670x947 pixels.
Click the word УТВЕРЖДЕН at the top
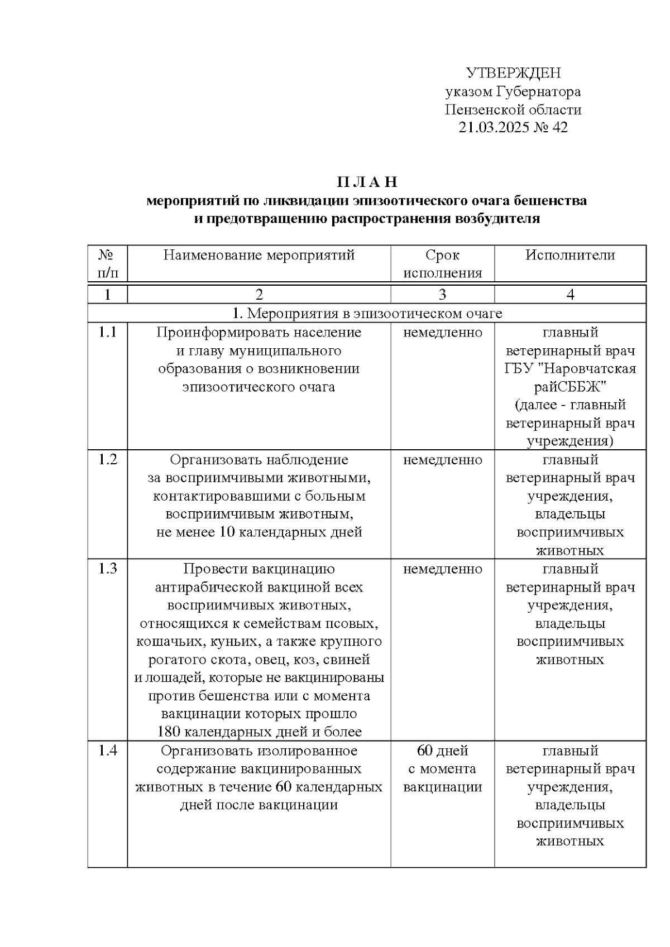point(513,73)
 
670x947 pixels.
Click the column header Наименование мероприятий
point(259,256)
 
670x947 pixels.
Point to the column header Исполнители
point(570,256)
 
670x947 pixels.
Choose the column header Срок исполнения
point(442,264)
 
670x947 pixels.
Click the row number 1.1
point(107,333)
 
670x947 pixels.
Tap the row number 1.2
point(107,460)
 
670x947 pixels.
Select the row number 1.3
point(107,569)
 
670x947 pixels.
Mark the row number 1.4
point(107,751)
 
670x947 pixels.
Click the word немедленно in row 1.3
point(442,569)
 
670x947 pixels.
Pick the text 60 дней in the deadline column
point(442,751)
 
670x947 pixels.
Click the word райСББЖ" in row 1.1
point(570,387)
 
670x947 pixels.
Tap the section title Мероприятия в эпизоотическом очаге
point(374,314)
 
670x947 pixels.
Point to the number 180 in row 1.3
point(169,732)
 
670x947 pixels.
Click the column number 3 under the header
point(442,295)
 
